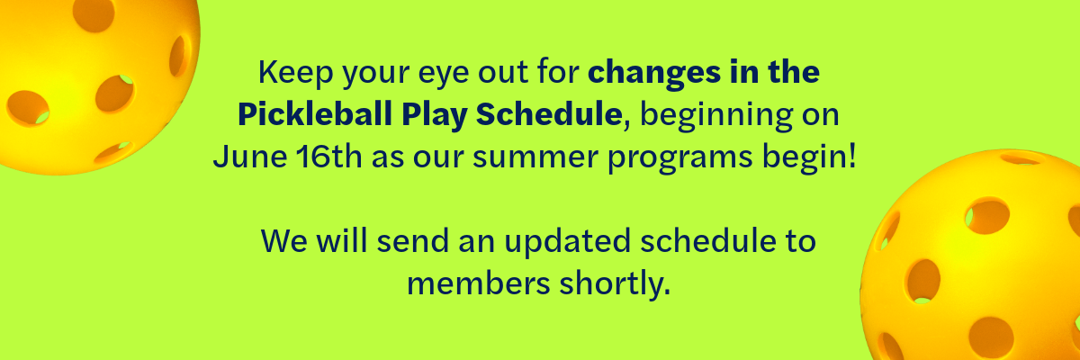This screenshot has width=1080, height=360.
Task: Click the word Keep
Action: (295, 72)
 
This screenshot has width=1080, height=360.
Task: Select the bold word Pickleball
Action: (314, 114)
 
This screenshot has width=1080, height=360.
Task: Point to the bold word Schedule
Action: (549, 114)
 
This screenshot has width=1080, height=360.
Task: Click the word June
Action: (250, 157)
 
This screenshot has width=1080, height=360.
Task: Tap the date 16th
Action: (328, 157)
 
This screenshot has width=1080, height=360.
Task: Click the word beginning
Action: (716, 117)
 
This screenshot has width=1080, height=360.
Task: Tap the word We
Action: (283, 240)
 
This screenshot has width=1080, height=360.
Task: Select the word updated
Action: (568, 243)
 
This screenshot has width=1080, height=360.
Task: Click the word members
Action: (478, 283)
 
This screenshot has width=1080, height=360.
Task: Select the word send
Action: (412, 240)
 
